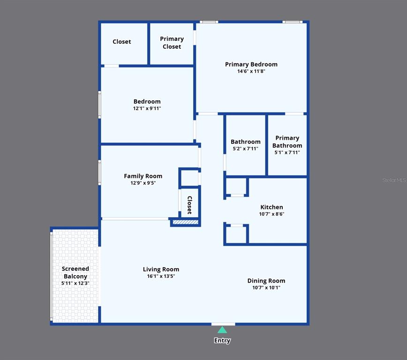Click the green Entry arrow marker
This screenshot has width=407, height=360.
(222, 330)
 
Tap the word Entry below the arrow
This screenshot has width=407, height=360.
(222, 340)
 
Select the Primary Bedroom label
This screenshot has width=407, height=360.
(251, 64)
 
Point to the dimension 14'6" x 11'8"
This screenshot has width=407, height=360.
(251, 71)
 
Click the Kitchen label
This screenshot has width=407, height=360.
(271, 207)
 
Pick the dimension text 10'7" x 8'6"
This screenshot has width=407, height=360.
(271, 214)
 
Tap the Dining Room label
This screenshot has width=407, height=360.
(266, 281)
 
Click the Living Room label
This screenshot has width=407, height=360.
(161, 270)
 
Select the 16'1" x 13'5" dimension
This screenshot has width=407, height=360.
(161, 276)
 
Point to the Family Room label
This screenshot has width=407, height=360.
(143, 176)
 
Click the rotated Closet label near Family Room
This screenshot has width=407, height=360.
(190, 205)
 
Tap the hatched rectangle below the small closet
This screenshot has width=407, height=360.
(186, 222)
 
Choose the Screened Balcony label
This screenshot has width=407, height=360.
(75, 272)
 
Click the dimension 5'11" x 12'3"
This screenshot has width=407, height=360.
(75, 283)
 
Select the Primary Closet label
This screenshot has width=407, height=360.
(172, 43)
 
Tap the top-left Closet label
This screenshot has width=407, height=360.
(122, 42)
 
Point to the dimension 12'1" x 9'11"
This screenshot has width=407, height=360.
(147, 108)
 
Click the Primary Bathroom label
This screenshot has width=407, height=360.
(287, 142)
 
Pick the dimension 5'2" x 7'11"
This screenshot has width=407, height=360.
(246, 149)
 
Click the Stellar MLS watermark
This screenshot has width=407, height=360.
(394, 180)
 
